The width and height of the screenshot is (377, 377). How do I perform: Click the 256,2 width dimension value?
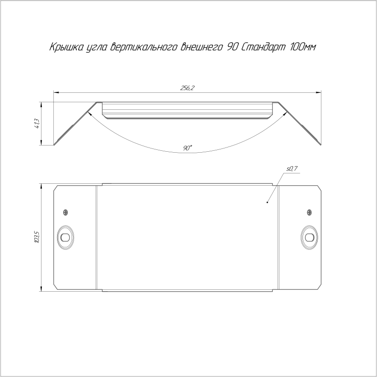pos(187,88)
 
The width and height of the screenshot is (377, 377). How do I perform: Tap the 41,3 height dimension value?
pos(38,123)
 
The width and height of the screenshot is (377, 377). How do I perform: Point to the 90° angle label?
pos(188,148)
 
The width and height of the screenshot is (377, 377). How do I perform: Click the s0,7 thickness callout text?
pos(292,169)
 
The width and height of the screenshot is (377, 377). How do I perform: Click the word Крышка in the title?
pos(66,47)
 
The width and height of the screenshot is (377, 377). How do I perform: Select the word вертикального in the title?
pos(144,47)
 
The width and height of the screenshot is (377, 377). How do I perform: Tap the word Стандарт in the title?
pos(263,47)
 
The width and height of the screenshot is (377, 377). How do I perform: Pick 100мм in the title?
pos(303,47)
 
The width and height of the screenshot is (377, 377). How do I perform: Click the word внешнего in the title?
pos(201,47)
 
